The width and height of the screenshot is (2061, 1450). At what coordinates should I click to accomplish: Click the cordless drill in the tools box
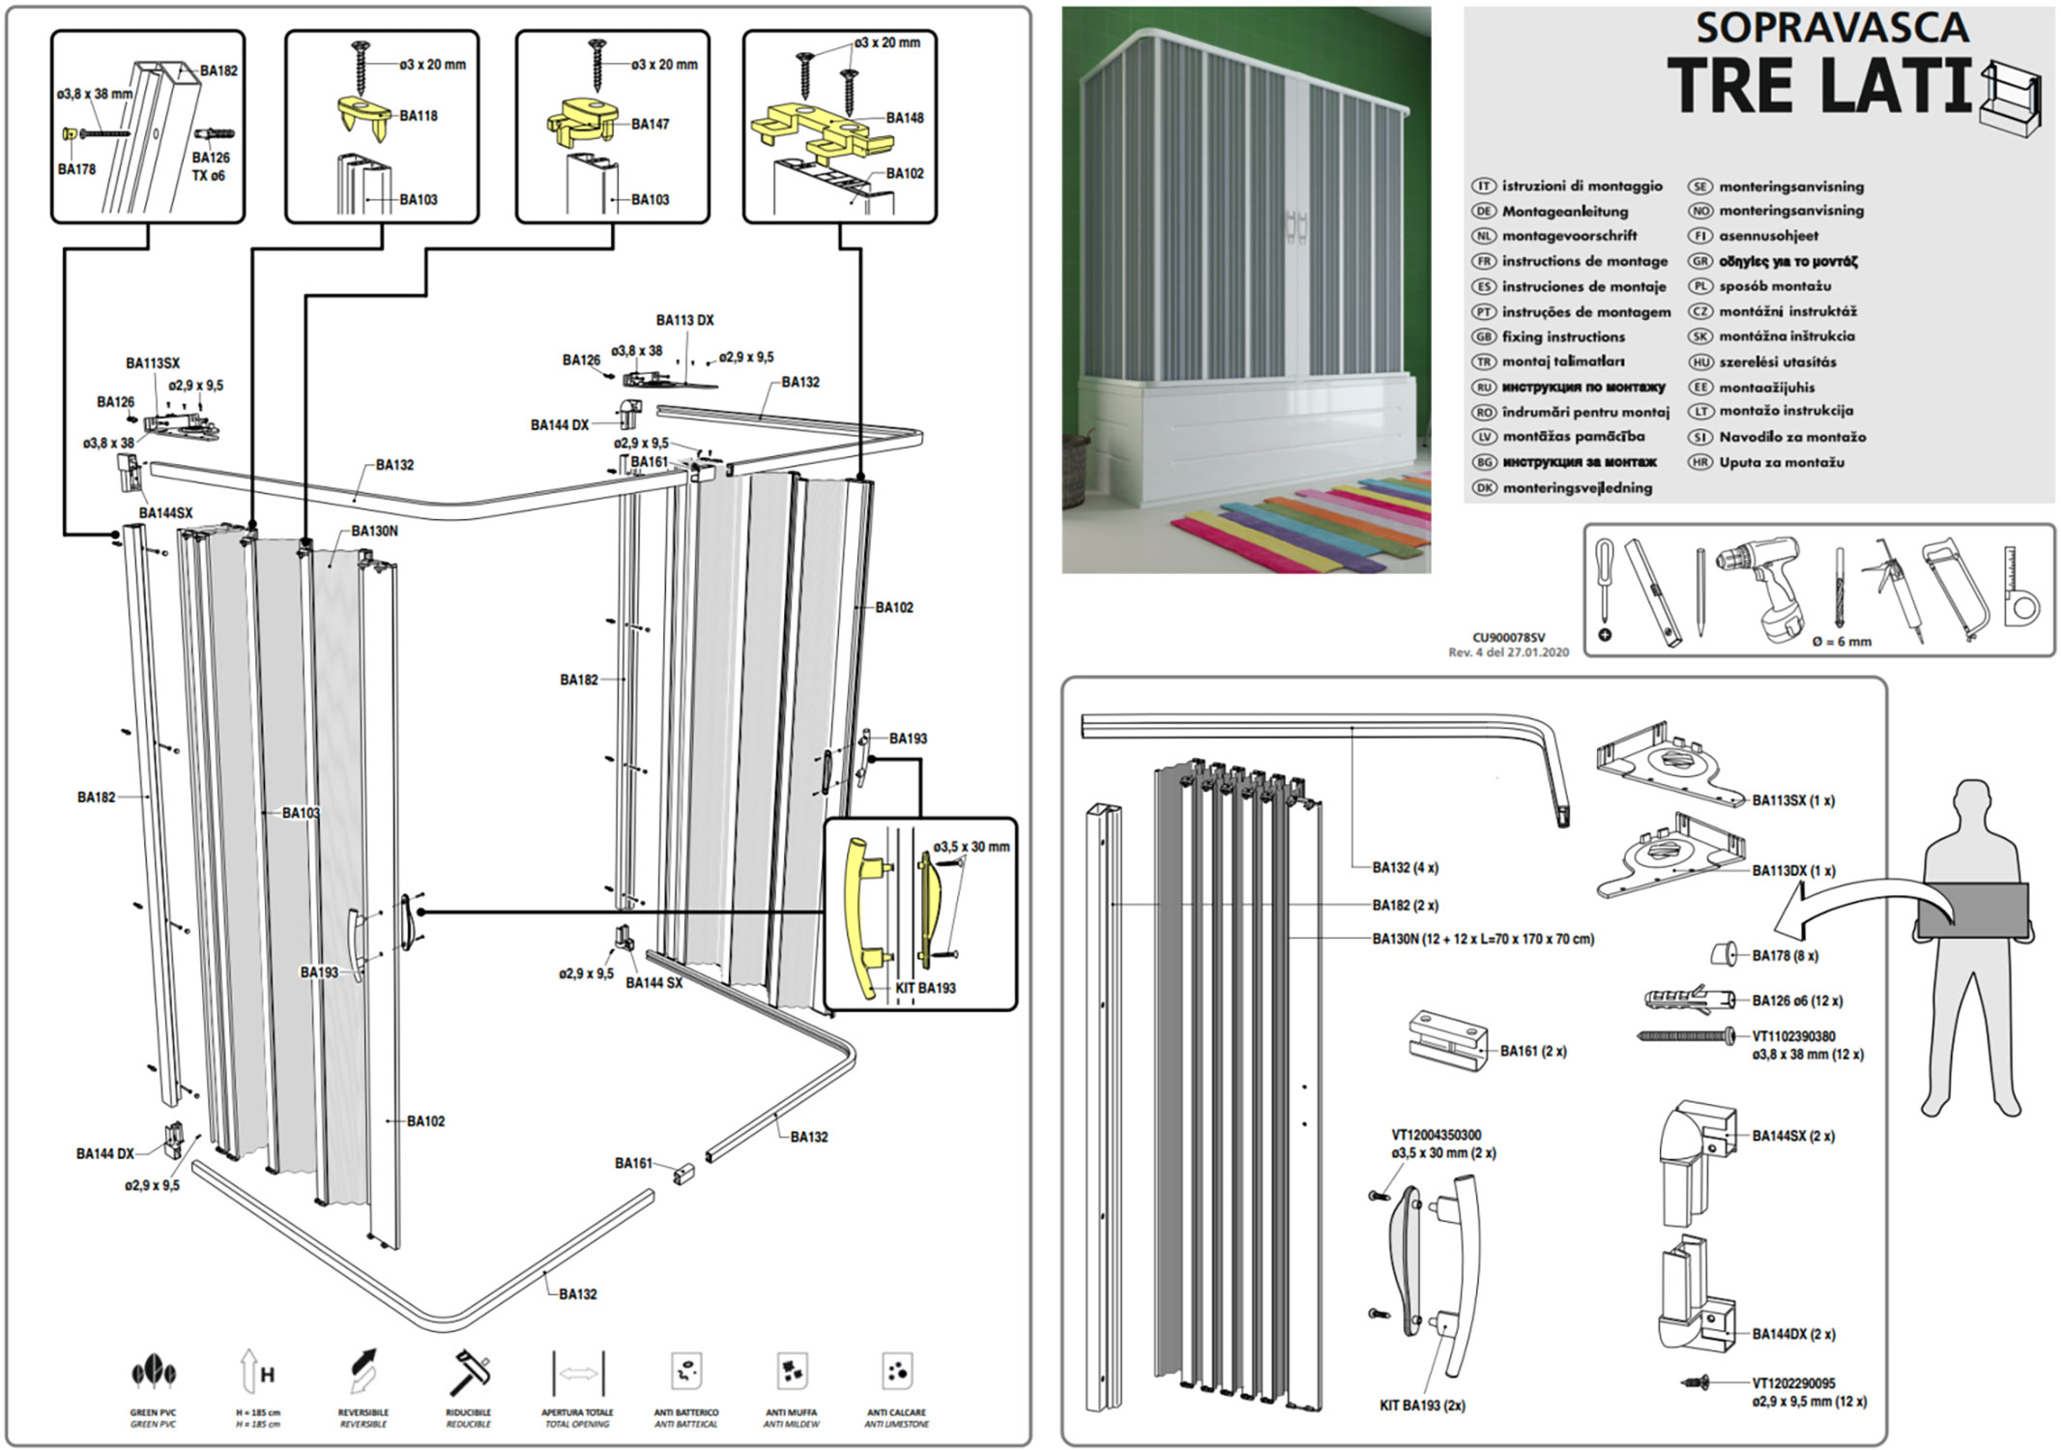[1760, 585]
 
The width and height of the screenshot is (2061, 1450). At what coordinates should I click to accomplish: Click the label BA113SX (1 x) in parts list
[1793, 800]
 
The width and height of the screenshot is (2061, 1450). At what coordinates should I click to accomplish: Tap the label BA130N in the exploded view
[374, 532]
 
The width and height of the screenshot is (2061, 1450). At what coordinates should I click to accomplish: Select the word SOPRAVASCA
[1832, 27]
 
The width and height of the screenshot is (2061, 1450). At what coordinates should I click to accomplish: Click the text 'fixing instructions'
[1563, 336]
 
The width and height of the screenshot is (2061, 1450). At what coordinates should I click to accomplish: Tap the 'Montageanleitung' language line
[1564, 211]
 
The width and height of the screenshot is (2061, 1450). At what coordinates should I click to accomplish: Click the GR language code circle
[1699, 261]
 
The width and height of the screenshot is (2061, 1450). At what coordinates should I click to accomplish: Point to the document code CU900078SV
[1508, 637]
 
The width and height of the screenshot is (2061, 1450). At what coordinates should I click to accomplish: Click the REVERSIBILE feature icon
[363, 1372]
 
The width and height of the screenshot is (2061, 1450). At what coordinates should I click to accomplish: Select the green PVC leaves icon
[154, 1373]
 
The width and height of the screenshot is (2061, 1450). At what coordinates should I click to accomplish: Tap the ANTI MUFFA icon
[791, 1372]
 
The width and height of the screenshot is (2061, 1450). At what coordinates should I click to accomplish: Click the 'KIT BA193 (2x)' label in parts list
[1422, 1406]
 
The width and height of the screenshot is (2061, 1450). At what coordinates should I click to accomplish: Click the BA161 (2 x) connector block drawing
[1446, 1043]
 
